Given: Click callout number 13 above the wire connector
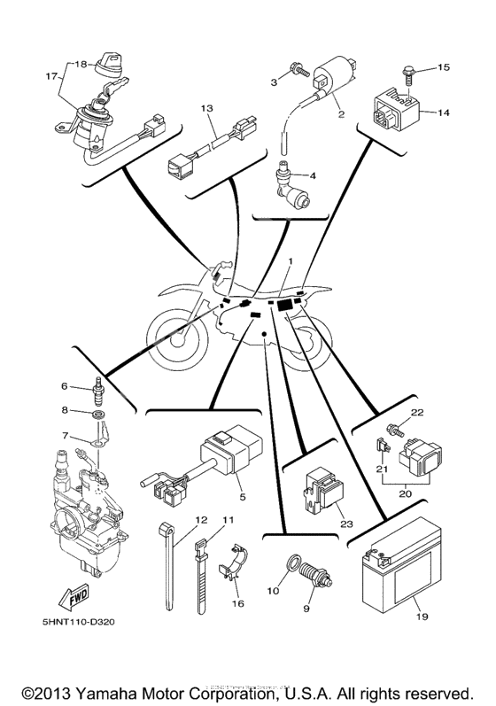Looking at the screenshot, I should coord(206,108).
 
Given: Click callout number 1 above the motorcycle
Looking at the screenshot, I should coord(289,260).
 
